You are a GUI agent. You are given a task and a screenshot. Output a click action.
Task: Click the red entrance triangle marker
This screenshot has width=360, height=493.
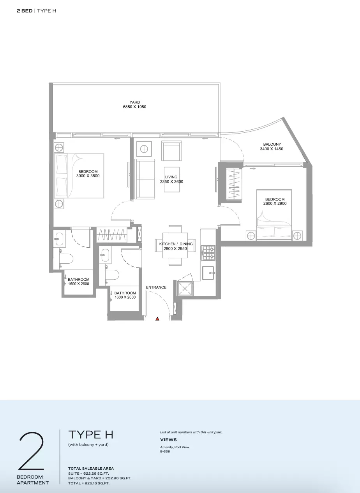pos(157,319)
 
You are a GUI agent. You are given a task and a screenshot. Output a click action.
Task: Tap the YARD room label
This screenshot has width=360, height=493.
pos(134,102)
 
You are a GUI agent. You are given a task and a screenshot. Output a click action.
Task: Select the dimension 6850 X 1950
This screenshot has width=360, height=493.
pos(134,107)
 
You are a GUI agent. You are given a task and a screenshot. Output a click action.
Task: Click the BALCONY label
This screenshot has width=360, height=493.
pos(272,144)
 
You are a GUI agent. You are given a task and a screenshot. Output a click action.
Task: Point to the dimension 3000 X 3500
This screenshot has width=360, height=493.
pos(88,176)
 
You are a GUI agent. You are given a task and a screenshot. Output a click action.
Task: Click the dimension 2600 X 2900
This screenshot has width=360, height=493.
pos(275,204)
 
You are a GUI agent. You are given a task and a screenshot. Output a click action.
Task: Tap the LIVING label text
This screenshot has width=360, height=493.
pos(171,177)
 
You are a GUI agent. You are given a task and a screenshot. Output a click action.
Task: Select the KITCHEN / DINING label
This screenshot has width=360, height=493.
pos(176,244)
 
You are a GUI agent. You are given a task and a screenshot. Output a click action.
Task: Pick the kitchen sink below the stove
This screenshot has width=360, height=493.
pos(208,273)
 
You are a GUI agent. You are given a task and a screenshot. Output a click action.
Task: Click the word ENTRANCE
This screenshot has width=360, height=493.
pos(156,287)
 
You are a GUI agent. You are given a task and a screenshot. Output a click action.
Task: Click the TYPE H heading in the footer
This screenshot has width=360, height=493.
pos(91,435)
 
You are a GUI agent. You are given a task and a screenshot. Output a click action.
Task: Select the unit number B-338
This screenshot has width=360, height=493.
pos(165,451)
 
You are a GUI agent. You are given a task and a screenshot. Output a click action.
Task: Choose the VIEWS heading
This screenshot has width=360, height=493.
pos(168,440)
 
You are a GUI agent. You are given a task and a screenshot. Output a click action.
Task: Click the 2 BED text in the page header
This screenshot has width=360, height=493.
pos(25,11)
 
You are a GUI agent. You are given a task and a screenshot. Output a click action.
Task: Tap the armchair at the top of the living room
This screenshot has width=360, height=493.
pos(171,151)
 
